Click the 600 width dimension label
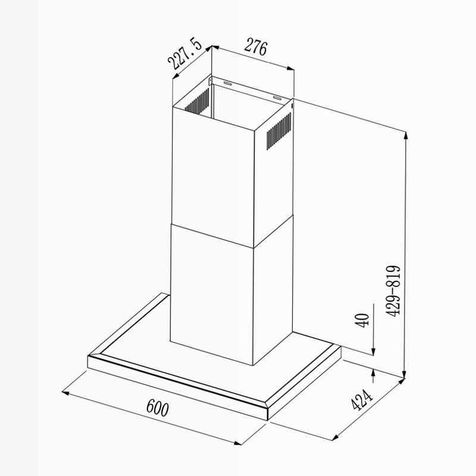pyautogui.click(x=157, y=408)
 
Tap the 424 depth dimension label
pyautogui.click(x=361, y=400)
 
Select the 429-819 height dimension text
pyautogui.click(x=394, y=292)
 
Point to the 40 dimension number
pyautogui.click(x=362, y=320)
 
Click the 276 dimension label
pyautogui.click(x=256, y=47)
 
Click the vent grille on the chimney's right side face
pyautogui.click(x=279, y=131)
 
